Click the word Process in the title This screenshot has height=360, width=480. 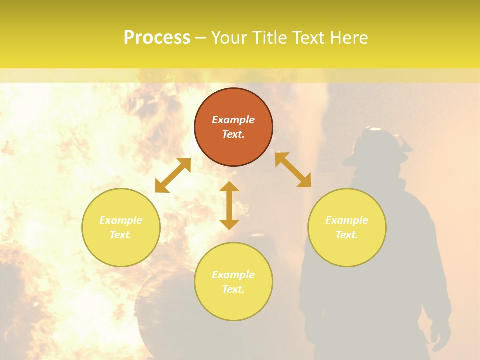pos(157,38)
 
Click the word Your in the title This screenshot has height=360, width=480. pos(230,38)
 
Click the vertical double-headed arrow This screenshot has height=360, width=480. pos(229,205)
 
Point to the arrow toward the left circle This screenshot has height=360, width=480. pos(173,175)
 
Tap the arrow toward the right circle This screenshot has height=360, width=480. pos(293,170)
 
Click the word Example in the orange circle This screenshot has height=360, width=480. pos(233,120)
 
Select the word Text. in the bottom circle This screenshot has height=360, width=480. pos(233,289)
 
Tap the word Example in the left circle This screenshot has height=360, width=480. pos(121,220)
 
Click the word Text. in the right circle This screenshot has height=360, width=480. pos(347,235)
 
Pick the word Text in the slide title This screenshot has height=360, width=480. pos(309,38)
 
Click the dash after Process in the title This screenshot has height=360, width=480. pos(201,38)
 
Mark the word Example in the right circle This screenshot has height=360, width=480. pos(347,220)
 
